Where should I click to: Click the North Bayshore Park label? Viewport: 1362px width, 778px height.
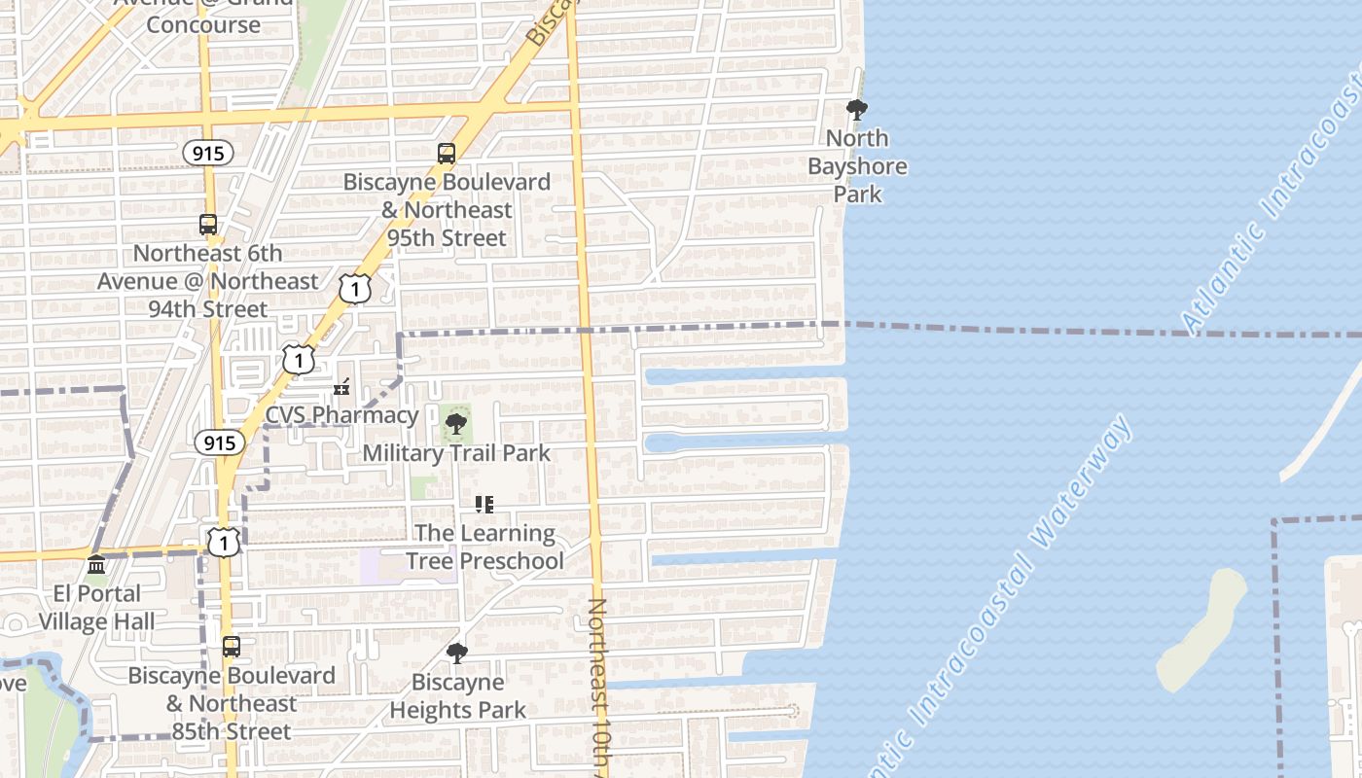(x=857, y=166)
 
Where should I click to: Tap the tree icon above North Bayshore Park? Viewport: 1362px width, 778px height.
(x=857, y=110)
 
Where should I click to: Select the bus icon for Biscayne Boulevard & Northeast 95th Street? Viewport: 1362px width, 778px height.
(x=446, y=154)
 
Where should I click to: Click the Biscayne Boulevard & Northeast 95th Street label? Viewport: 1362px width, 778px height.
(x=447, y=210)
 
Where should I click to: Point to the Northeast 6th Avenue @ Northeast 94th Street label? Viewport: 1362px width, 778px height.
(x=208, y=281)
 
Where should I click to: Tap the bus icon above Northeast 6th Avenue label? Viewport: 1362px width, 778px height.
(x=208, y=225)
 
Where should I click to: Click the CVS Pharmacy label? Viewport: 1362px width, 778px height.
(x=341, y=415)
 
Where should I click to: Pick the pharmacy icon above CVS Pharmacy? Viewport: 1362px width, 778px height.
(x=341, y=388)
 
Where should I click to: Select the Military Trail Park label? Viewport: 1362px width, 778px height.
(x=456, y=453)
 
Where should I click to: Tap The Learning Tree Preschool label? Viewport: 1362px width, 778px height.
(x=484, y=548)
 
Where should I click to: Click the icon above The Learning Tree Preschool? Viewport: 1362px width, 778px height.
(x=484, y=505)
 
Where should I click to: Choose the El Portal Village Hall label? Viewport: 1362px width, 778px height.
(x=96, y=608)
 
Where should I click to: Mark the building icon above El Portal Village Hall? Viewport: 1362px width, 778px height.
(x=96, y=565)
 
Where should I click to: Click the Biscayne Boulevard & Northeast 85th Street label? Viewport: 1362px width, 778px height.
(x=232, y=703)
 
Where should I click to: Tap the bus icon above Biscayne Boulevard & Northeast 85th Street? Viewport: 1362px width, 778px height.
(x=232, y=647)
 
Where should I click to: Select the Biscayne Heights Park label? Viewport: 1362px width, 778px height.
(x=458, y=696)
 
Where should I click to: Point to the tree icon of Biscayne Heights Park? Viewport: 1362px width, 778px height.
(x=456, y=654)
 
